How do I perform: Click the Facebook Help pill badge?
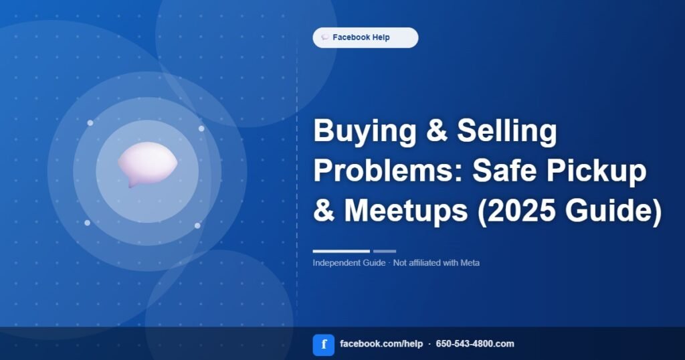coord(365,37)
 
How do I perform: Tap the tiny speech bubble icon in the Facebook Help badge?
coord(324,37)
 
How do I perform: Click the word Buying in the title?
coord(365,132)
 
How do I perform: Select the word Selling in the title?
coord(507,132)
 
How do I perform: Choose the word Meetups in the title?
coord(406,211)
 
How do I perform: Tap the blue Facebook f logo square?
coord(324,345)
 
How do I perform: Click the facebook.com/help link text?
coord(381,344)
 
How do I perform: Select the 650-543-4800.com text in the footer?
coord(475,344)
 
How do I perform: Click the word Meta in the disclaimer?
coord(470,263)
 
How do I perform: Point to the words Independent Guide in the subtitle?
coord(349,263)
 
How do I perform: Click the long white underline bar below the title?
coord(341,251)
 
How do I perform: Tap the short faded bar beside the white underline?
coord(385,251)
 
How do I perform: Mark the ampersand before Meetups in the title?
coord(324,211)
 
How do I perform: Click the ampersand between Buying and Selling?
coord(436,131)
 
